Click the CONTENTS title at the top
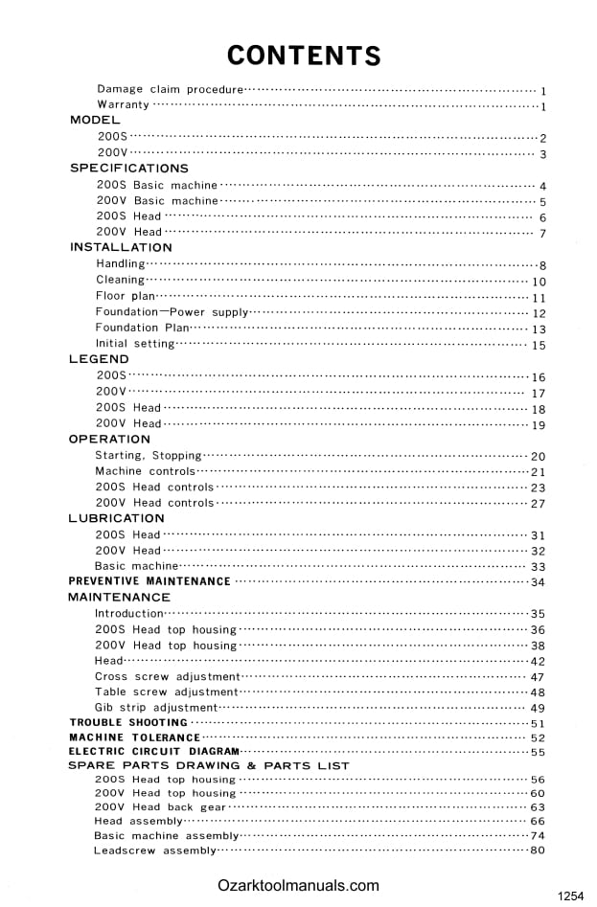pos(304,56)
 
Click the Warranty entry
pos(123,104)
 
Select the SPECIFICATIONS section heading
pos(129,169)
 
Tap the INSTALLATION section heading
pos(121,248)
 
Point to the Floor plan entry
pos(126,296)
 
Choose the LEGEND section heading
pos(99,359)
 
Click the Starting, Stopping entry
pos(149,456)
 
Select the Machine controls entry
pos(145,471)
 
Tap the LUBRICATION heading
pos(116,518)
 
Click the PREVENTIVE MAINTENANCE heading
pos(149,581)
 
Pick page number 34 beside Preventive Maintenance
pos(538,582)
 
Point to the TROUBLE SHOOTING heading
pos(128,723)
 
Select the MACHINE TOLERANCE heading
pos(134,737)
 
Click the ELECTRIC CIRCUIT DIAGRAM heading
pos(153,752)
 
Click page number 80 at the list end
pos(538,850)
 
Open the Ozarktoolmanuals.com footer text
pos(298,886)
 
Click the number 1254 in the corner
pos(570,896)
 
